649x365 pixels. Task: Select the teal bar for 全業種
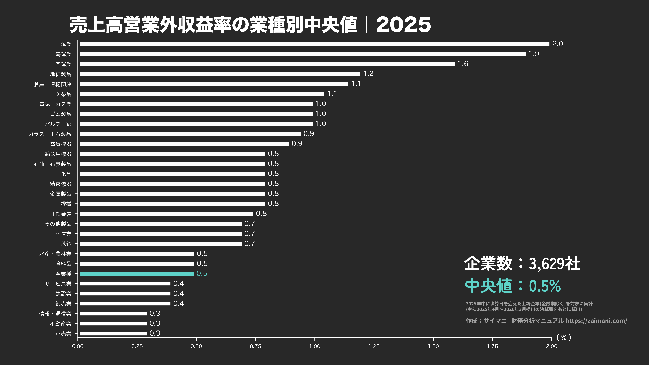137,274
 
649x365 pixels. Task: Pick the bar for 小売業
113,333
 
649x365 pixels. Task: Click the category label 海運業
63,54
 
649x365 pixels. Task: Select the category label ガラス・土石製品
50,134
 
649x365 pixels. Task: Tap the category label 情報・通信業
55,314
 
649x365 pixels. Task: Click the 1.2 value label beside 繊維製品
368,74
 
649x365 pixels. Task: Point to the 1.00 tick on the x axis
315,346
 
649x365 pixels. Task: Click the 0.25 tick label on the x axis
137,346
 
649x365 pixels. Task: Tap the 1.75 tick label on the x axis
492,346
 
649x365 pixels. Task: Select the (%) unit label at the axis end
564,338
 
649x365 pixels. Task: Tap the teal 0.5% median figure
545,286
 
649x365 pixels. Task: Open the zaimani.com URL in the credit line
596,321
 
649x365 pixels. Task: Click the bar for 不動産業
113,323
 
